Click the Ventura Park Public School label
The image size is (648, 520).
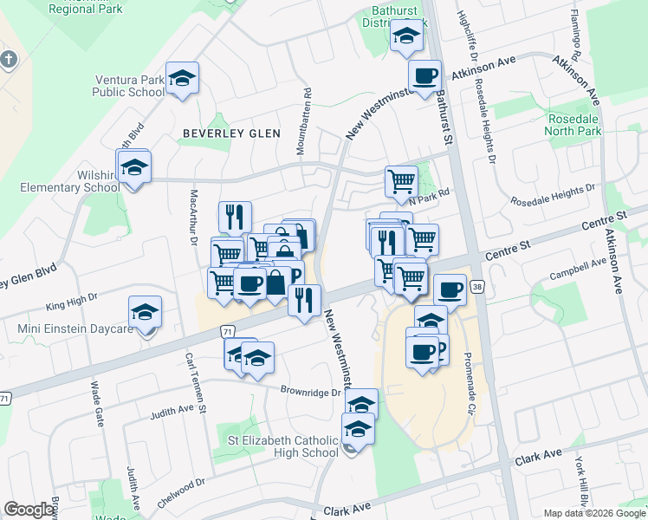(x=129, y=85)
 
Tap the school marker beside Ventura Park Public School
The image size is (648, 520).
(x=182, y=80)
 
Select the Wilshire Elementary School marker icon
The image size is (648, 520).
(x=134, y=167)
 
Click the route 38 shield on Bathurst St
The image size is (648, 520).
(x=476, y=285)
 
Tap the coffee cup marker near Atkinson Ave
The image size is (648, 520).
(x=424, y=77)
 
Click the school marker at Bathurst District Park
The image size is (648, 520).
(x=405, y=37)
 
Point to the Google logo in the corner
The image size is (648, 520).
(x=29, y=510)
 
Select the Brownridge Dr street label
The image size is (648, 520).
(x=311, y=392)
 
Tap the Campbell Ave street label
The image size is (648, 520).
(x=579, y=270)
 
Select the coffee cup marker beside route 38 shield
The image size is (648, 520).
(x=449, y=289)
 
